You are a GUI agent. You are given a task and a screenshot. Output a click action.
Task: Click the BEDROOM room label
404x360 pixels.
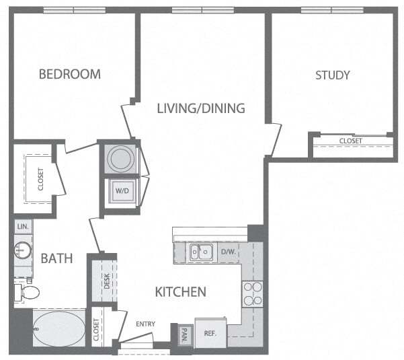[x=69, y=74]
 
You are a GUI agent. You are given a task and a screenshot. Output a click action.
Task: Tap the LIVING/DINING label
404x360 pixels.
[x=200, y=108]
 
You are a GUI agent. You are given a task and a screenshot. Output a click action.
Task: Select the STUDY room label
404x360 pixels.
[x=332, y=75]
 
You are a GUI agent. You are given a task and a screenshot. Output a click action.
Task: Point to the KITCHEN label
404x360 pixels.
[x=180, y=292]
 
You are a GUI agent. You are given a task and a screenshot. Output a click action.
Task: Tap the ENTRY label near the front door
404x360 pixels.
[x=145, y=324]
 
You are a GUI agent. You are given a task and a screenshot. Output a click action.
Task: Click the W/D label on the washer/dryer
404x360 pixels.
[x=122, y=190]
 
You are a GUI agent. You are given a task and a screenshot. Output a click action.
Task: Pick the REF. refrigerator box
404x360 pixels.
[x=210, y=332]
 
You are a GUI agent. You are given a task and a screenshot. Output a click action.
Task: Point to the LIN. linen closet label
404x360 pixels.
[x=22, y=228]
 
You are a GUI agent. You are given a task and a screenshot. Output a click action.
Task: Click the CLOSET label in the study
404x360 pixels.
[x=350, y=141]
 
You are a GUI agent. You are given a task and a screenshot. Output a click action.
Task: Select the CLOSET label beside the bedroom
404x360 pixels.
[x=40, y=179]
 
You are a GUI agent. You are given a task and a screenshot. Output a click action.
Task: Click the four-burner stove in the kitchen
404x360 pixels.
[x=251, y=293]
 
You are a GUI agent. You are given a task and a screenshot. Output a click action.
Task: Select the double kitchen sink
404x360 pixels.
[x=200, y=252]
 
